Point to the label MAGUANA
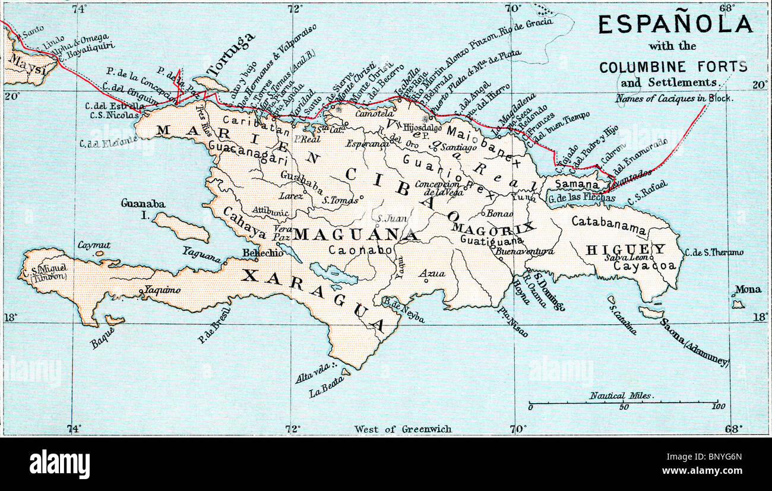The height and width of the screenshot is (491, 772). (355, 235)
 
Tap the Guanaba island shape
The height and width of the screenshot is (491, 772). (181, 227)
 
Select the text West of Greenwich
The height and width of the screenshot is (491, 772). (403, 429)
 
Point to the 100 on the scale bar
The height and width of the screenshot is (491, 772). (719, 407)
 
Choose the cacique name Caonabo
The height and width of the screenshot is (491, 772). (360, 251)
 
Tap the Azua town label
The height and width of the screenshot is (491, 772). (432, 273)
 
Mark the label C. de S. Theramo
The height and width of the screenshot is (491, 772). (713, 252)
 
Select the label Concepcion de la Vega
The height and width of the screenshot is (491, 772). (439, 188)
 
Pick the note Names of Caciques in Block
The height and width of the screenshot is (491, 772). (674, 98)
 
